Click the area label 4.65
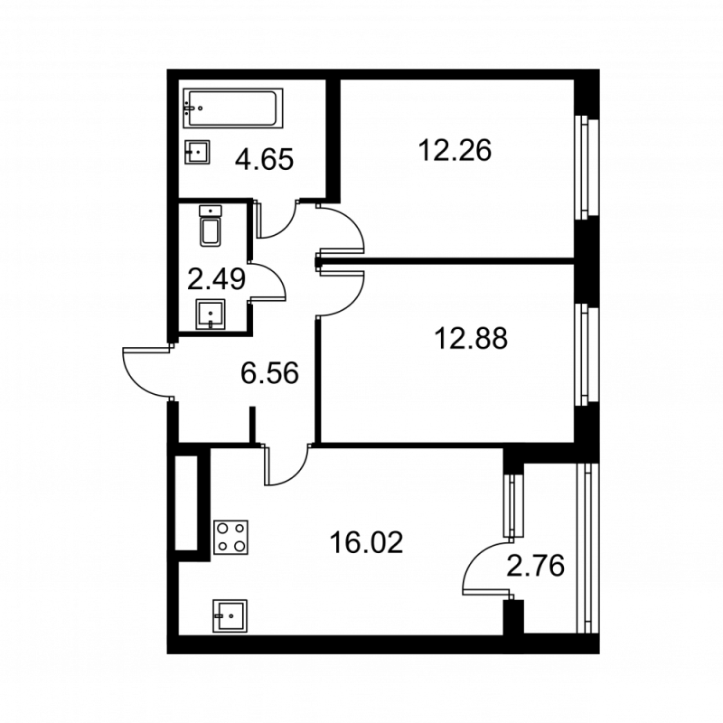[x=264, y=160]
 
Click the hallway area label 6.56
[x=269, y=372]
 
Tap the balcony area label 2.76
[x=536, y=567]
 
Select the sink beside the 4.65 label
[x=198, y=153]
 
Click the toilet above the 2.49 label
[x=211, y=227]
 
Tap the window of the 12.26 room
[x=588, y=167]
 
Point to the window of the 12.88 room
[x=588, y=355]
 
